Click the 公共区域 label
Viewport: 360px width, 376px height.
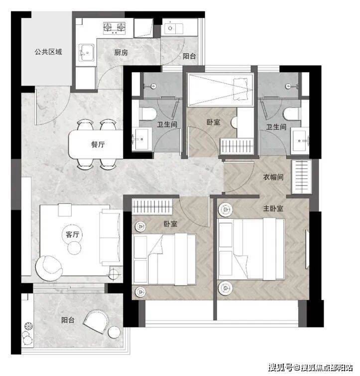point(48,52)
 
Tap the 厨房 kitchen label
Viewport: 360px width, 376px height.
point(121,52)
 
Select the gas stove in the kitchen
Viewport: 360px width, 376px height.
point(115,27)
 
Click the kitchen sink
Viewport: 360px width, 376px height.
point(86,52)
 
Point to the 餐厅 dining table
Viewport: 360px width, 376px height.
point(96,144)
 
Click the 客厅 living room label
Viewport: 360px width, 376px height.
point(72,234)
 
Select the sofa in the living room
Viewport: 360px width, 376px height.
point(111,237)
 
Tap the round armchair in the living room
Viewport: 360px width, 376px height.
point(49,268)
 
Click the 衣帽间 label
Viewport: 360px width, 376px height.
point(273,177)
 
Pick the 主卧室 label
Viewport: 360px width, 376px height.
point(273,208)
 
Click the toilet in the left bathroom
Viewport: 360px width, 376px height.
point(148,114)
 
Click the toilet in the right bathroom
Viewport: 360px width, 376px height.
point(292,114)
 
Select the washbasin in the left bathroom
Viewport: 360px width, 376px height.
point(141,139)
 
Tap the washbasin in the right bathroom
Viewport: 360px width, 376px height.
point(300,141)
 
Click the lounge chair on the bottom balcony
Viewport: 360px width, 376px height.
point(96,321)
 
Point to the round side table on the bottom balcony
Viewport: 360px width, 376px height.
point(114,333)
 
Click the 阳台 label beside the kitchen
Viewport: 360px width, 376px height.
point(189,56)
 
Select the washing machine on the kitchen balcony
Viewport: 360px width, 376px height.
point(143,28)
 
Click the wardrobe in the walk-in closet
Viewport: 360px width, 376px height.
point(301,177)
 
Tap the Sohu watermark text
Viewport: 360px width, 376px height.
point(311,368)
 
